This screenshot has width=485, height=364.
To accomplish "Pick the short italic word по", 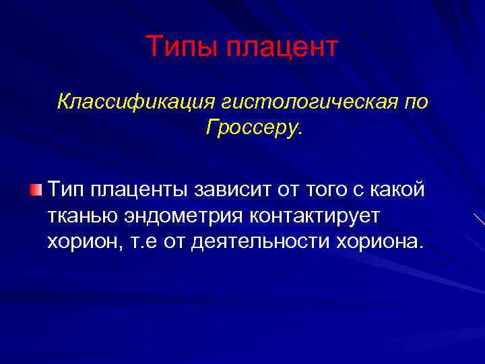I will point(416,102).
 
